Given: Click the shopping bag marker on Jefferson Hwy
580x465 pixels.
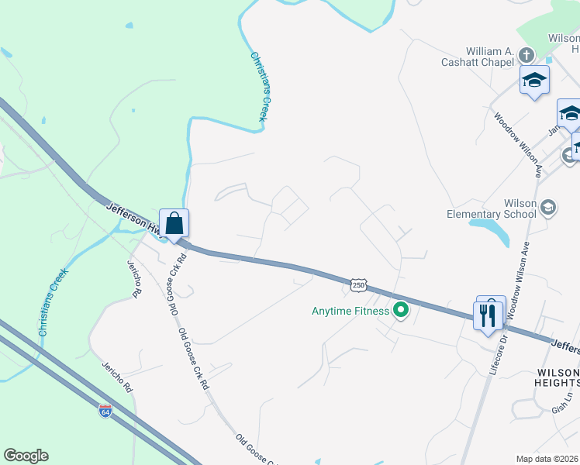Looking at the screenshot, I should [x=174, y=223].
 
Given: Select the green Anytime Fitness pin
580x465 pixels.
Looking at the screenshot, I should [x=401, y=312].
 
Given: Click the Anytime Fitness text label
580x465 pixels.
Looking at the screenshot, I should [x=350, y=312].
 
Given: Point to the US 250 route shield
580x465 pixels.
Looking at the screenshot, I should [x=358, y=285].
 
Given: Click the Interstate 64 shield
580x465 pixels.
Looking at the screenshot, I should [x=105, y=410].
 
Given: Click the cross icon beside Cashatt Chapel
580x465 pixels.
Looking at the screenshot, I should [x=526, y=56].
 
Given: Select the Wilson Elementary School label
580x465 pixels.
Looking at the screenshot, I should [x=492, y=208].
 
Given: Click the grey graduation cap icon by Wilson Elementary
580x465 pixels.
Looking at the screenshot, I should [x=548, y=207].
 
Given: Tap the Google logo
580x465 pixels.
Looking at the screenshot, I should [x=26, y=456].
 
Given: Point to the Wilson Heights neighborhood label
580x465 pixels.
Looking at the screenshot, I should [x=558, y=377].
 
